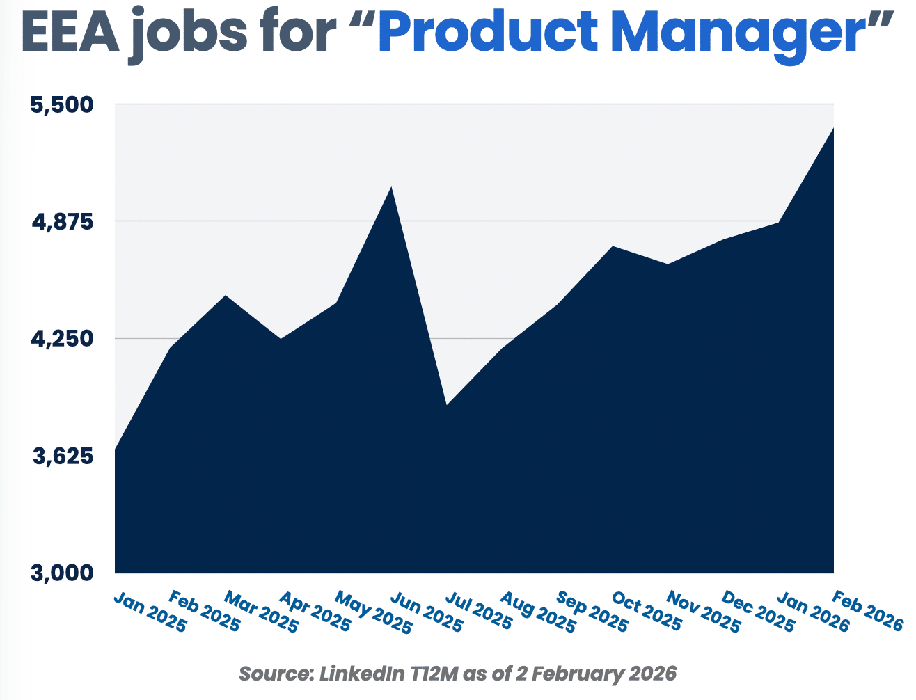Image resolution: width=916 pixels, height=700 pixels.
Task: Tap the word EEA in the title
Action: tap(70, 33)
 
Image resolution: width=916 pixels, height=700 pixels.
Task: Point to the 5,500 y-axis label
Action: tap(61, 105)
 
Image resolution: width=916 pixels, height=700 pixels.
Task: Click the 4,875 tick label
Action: tap(61, 222)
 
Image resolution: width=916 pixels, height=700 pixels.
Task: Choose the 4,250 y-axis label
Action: tap(61, 340)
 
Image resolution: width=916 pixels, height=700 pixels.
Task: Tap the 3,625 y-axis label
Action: tap(61, 457)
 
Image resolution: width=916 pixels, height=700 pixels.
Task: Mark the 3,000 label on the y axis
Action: tap(61, 573)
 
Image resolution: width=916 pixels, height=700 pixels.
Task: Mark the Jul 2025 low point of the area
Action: tap(446, 404)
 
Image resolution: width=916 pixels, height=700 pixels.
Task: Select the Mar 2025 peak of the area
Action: tap(225, 296)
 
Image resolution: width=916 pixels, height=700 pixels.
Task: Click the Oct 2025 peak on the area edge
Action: tap(613, 246)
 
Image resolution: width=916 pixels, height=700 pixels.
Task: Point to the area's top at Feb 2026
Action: tap(833, 128)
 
